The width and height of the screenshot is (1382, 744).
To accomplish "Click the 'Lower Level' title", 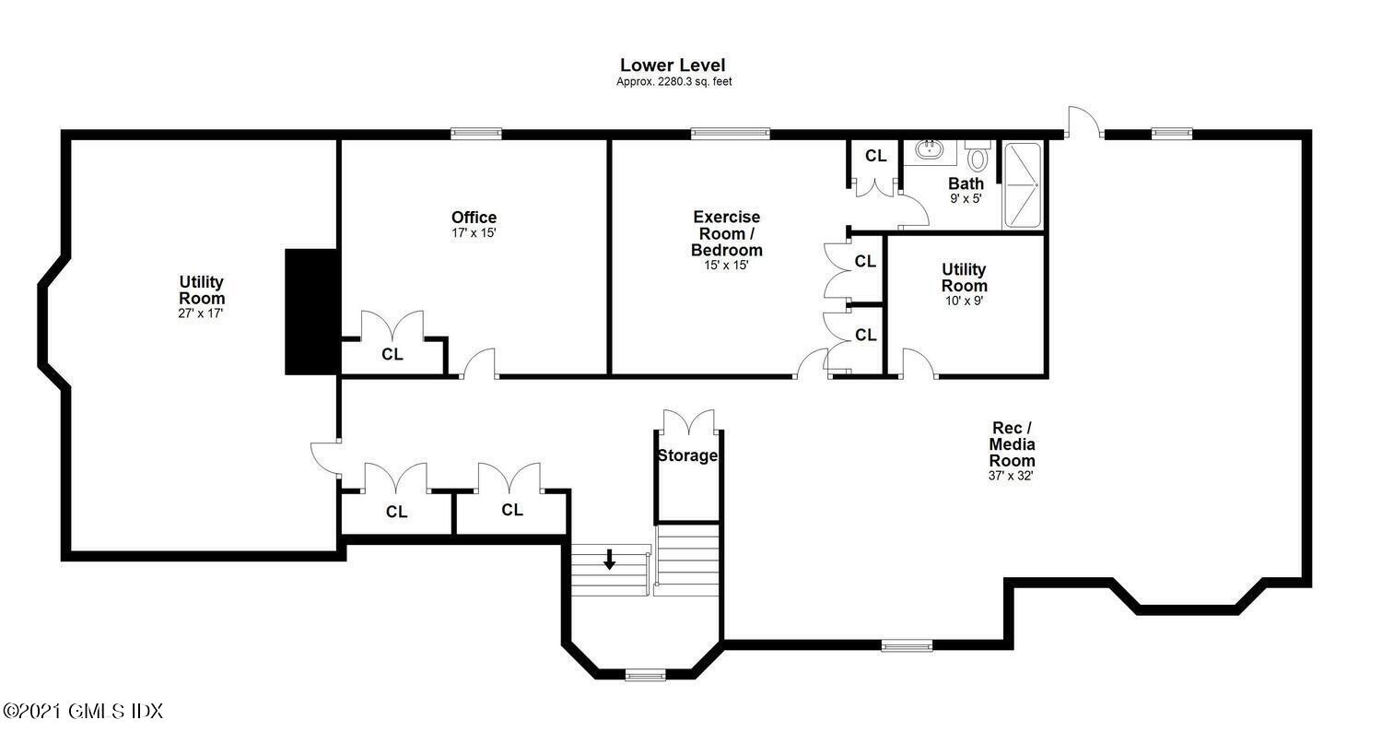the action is pos(673,65).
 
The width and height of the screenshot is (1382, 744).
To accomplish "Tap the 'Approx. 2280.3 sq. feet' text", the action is pos(673,81).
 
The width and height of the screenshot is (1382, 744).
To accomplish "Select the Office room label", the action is pos(474,218).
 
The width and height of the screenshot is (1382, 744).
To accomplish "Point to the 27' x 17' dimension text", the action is pos(201,313).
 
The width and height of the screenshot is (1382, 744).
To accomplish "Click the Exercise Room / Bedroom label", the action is pos(727,233).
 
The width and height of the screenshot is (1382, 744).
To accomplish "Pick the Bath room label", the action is pos(966,183).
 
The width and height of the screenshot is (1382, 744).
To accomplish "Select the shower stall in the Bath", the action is pos(1023,184).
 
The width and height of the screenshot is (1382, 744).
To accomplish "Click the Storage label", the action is pos(687,455).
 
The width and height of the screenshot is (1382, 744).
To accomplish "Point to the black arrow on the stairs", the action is pos(610,559).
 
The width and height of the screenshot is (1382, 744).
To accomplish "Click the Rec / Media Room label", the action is pos(1012,444).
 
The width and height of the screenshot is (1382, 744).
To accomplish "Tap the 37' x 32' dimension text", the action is pos(1011,476).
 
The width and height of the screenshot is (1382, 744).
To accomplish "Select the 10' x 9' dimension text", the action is pos(965,301).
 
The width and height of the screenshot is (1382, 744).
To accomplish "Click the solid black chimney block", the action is pos(311,312).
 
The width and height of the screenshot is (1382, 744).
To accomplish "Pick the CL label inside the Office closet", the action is pos(392,354).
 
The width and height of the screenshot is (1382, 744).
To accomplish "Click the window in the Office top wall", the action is pos(475,134).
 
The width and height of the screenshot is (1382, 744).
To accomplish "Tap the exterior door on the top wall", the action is pos(1084,123).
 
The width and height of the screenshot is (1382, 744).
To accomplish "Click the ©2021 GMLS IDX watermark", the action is pos(83,712).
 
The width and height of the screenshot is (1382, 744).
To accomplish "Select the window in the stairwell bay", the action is pos(645,675).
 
